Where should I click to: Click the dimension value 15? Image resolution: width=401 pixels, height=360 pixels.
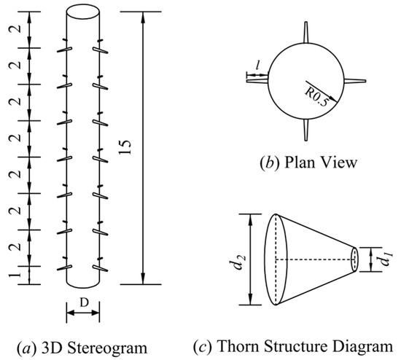click(125, 147)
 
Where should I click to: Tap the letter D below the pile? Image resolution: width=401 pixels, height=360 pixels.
click(84, 302)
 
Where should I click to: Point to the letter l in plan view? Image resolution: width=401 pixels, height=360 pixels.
click(258, 66)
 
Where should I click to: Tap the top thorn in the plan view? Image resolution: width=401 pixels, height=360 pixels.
click(306, 32)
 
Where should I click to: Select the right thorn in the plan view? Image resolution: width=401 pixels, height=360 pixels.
click(355, 81)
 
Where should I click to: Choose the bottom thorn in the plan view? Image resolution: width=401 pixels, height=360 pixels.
click(306, 130)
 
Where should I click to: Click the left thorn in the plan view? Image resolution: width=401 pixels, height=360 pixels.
click(257, 81)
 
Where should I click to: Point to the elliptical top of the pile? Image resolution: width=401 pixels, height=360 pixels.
click(83, 12)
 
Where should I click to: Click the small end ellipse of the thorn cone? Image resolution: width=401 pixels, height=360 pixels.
click(355, 259)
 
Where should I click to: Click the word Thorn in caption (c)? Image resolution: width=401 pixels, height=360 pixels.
click(238, 347)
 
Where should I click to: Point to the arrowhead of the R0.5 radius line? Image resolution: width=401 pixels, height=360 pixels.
click(333, 99)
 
